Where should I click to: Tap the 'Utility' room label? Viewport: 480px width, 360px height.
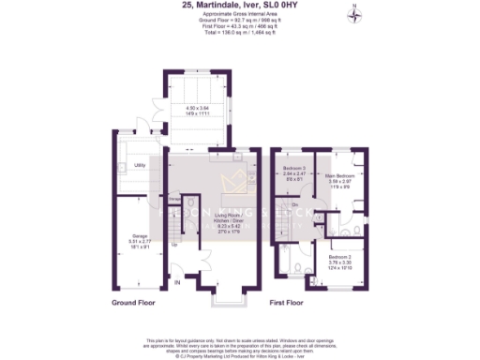coord(140,165)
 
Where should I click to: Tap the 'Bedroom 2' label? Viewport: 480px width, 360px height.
coord(340,255)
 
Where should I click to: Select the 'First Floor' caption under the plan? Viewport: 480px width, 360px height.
coord(288,304)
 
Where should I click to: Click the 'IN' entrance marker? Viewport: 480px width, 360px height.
coord(176,281)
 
